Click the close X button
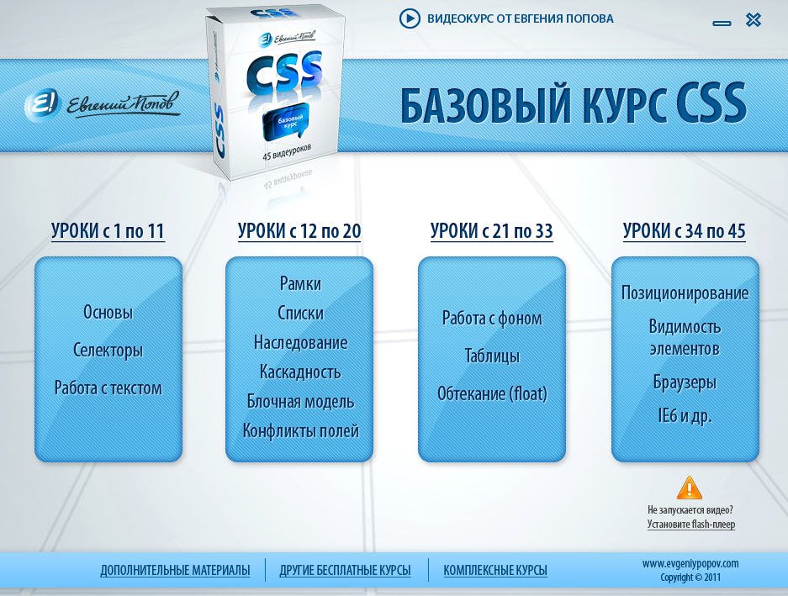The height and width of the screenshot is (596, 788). pyautogui.click(x=753, y=20)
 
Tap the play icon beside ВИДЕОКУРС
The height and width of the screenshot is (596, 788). pyautogui.click(x=410, y=18)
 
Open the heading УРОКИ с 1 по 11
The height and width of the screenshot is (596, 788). pyautogui.click(x=108, y=231)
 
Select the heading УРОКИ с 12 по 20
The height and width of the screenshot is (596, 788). pyautogui.click(x=299, y=231)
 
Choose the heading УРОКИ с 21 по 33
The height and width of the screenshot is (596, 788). pyautogui.click(x=491, y=231)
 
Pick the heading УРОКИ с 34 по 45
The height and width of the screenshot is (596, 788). pyautogui.click(x=684, y=231)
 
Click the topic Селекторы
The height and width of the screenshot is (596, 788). pyautogui.click(x=108, y=351)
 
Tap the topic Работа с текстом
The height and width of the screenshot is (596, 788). pyautogui.click(x=108, y=388)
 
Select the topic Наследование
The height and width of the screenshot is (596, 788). pyautogui.click(x=300, y=343)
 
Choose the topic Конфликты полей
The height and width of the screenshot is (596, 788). pyautogui.click(x=300, y=431)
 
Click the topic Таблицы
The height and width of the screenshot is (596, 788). pyautogui.click(x=492, y=356)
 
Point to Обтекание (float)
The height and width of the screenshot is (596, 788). pyautogui.click(x=492, y=393)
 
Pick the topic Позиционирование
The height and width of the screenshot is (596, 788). pyautogui.click(x=685, y=293)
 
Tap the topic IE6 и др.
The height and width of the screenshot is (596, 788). pyautogui.click(x=685, y=416)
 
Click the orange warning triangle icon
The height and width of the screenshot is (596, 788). pyautogui.click(x=690, y=488)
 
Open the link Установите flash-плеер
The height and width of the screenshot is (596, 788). pyautogui.click(x=691, y=525)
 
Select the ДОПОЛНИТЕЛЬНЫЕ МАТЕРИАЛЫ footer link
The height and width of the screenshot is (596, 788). pyautogui.click(x=175, y=571)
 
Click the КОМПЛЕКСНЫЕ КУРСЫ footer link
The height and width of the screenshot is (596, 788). pyautogui.click(x=495, y=571)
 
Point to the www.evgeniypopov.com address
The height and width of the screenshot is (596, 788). pyautogui.click(x=690, y=563)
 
